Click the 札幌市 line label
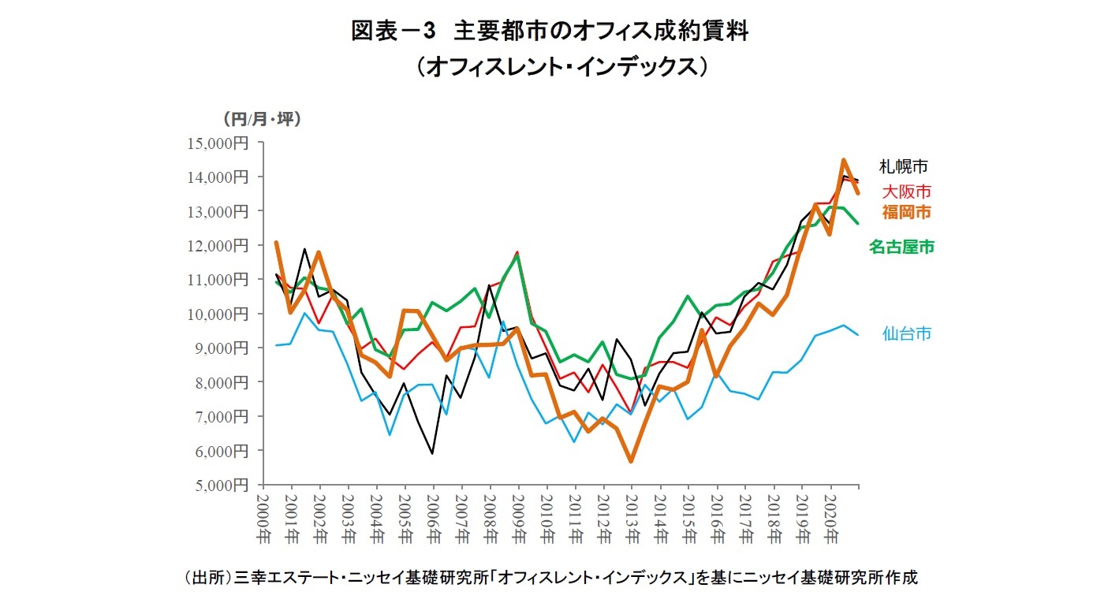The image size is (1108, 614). pyautogui.click(x=904, y=166)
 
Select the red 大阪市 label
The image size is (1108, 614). pyautogui.click(x=906, y=192)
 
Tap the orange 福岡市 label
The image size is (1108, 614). pyautogui.click(x=906, y=212)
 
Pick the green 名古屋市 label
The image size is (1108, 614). pyautogui.click(x=901, y=247)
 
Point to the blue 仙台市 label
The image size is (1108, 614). pyautogui.click(x=906, y=333)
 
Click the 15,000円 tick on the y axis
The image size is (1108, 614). pyautogui.click(x=218, y=143)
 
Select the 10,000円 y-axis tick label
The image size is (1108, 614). pyautogui.click(x=218, y=314)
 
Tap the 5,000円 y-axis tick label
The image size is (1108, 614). pyautogui.click(x=222, y=485)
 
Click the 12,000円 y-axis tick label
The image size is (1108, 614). pyautogui.click(x=218, y=245)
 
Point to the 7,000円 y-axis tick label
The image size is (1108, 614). pyautogui.click(x=222, y=416)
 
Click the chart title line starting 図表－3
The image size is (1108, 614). pyautogui.click(x=549, y=32)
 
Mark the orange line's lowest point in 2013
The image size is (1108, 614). pyautogui.click(x=631, y=461)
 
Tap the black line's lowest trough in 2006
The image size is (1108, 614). pyautogui.click(x=432, y=453)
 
